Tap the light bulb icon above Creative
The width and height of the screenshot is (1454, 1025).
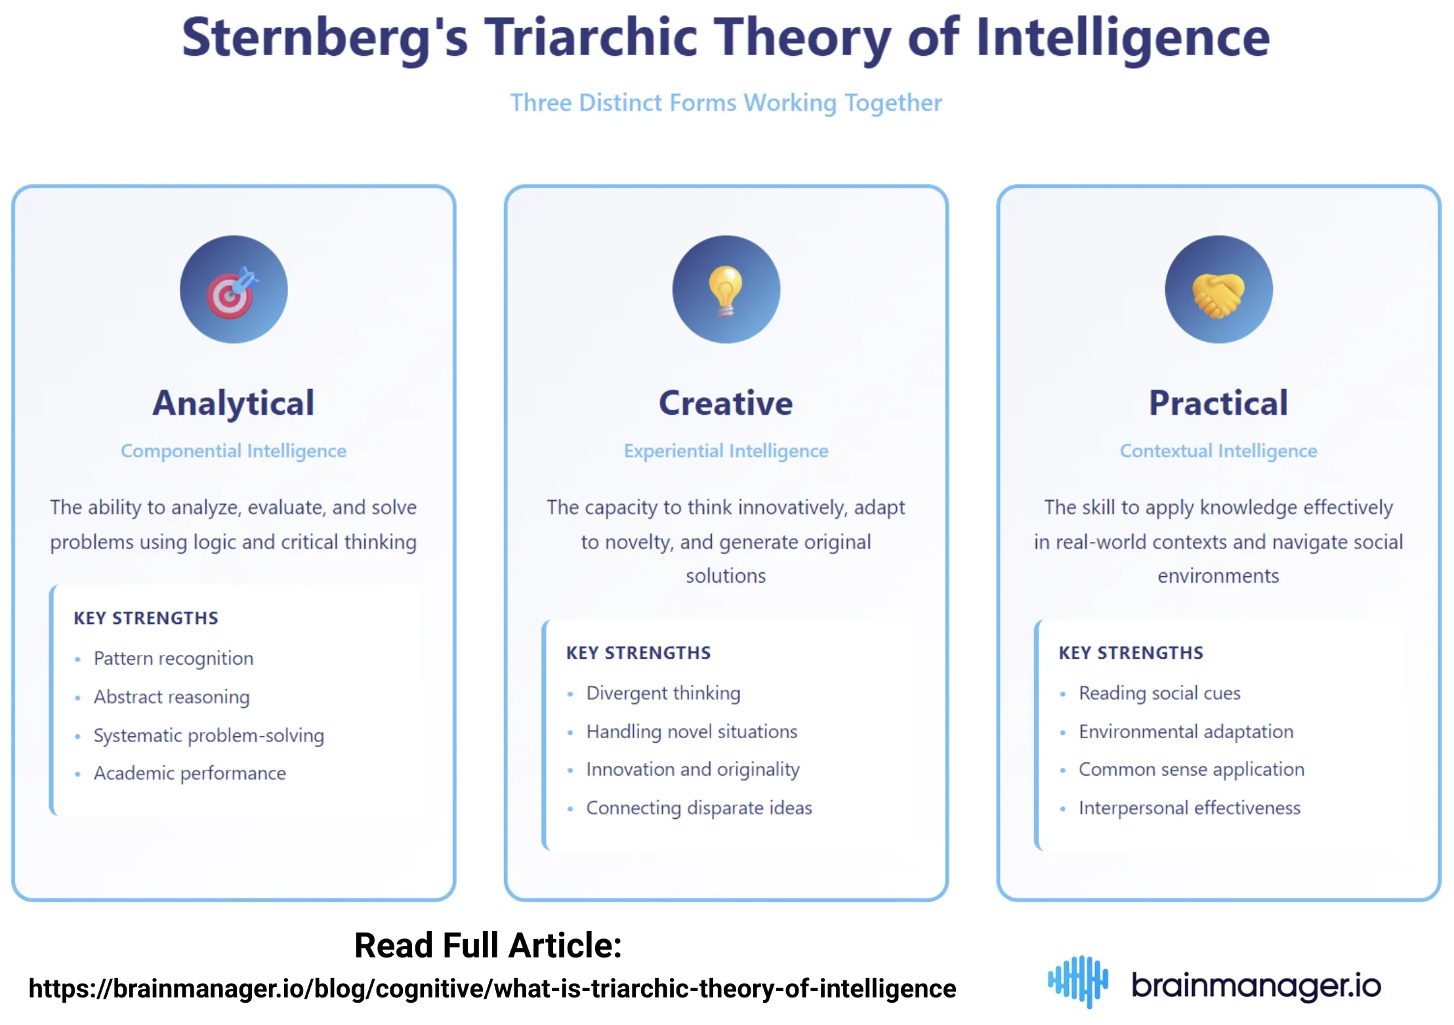point(726,289)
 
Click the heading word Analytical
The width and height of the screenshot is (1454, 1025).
point(233,402)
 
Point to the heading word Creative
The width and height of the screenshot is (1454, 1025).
point(726,402)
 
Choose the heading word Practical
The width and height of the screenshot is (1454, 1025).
point(1218,402)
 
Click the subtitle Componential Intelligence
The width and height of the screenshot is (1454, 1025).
point(233,451)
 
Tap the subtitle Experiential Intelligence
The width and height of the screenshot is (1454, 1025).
point(726,451)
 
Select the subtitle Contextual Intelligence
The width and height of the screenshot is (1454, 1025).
point(1218,451)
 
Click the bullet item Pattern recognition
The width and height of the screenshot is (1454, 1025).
point(173,658)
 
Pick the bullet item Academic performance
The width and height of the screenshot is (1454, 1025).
point(190,773)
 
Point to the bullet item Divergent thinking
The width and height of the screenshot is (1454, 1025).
point(663,693)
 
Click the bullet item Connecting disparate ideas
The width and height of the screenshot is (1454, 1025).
point(699,808)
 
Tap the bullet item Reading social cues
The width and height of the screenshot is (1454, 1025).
point(1159,693)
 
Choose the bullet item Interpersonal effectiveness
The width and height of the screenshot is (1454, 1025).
point(1189,808)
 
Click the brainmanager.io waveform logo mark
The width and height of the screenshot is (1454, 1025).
point(1078,982)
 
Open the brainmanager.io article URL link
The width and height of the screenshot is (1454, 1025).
point(492,988)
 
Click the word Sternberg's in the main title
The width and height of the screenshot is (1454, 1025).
point(325,37)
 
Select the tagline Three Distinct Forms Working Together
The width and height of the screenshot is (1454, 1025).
point(726,103)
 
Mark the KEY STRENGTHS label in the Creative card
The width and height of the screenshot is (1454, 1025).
point(638,653)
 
